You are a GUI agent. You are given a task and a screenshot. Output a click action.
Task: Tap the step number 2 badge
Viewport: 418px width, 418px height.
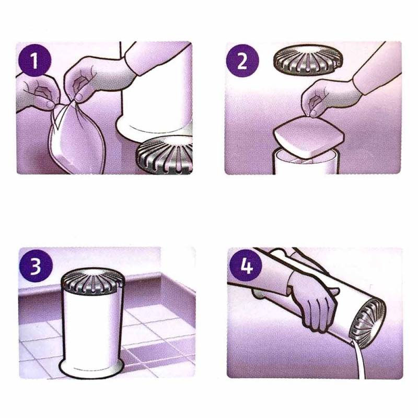242,61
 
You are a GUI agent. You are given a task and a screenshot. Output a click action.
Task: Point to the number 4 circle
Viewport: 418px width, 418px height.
246,267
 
